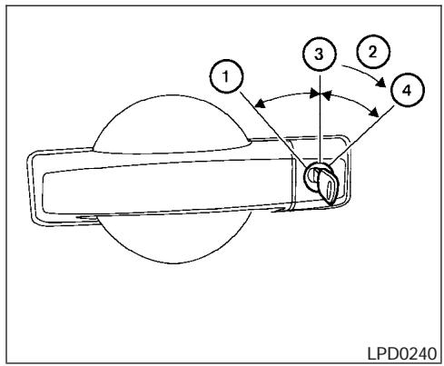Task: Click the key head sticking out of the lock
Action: [329, 185]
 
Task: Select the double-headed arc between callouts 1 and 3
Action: [286, 96]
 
